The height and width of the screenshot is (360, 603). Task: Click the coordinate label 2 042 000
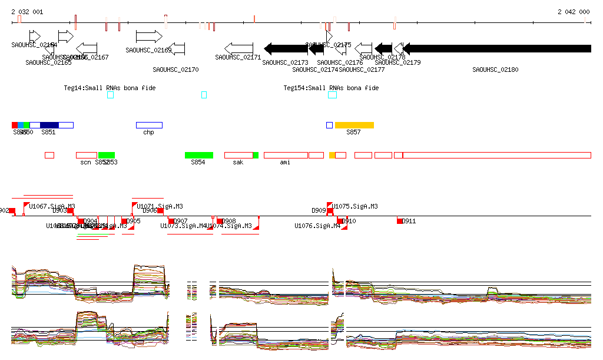pos(574,12)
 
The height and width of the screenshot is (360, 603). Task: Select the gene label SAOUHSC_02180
pos(495,70)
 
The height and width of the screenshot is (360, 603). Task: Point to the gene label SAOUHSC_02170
pos(175,70)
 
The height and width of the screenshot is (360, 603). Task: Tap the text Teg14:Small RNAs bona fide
pos(110,88)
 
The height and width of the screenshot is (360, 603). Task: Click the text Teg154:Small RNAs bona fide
pos(331,88)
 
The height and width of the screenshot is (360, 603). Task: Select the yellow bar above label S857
pos(354,125)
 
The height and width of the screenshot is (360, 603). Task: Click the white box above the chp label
pos(149,125)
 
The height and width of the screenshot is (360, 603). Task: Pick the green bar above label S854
pos(198,155)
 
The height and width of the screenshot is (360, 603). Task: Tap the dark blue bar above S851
pos(49,125)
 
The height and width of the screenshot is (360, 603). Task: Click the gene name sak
pos(238,162)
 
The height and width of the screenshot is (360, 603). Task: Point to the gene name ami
pos(285,162)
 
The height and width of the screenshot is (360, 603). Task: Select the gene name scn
pos(85,162)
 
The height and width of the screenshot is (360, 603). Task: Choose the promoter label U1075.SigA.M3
pos(354,207)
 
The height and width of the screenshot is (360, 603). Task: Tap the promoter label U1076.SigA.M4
pos(317,226)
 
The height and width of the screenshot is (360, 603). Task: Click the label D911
pos(409,221)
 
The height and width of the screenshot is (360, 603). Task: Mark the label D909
pos(319,210)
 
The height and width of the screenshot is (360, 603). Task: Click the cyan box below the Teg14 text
pos(110,95)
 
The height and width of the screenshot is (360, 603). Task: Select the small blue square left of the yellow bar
pos(330,125)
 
